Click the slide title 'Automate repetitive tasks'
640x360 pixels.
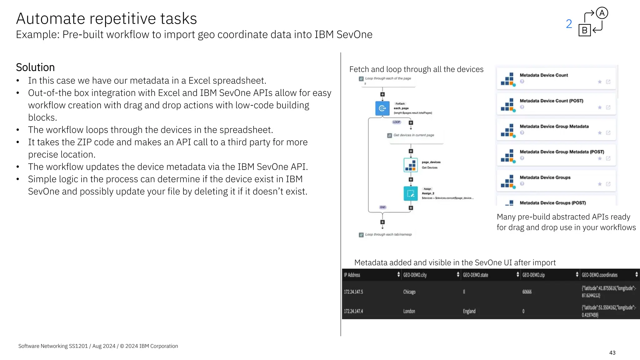tap(106, 18)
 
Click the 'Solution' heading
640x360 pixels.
tap(35, 67)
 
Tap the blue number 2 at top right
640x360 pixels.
tap(569, 24)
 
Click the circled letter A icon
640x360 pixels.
tap(602, 13)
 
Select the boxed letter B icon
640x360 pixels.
tap(584, 30)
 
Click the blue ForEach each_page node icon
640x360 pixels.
tap(382, 108)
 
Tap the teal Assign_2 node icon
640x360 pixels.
tap(411, 193)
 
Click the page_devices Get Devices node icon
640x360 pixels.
tap(411, 165)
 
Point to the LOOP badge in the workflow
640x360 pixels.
tap(397, 122)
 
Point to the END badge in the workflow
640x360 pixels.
tap(383, 207)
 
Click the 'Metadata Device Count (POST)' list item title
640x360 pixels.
tap(551, 101)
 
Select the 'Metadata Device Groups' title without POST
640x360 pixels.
tap(545, 177)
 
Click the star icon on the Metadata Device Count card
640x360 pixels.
tap(600, 82)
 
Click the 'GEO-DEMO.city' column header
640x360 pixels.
tap(415, 275)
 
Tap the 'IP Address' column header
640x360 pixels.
tap(352, 275)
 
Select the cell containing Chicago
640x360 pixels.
tap(409, 292)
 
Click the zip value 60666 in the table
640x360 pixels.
tap(527, 292)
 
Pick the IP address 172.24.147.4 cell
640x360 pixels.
tap(353, 311)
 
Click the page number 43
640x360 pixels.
tap(612, 353)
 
